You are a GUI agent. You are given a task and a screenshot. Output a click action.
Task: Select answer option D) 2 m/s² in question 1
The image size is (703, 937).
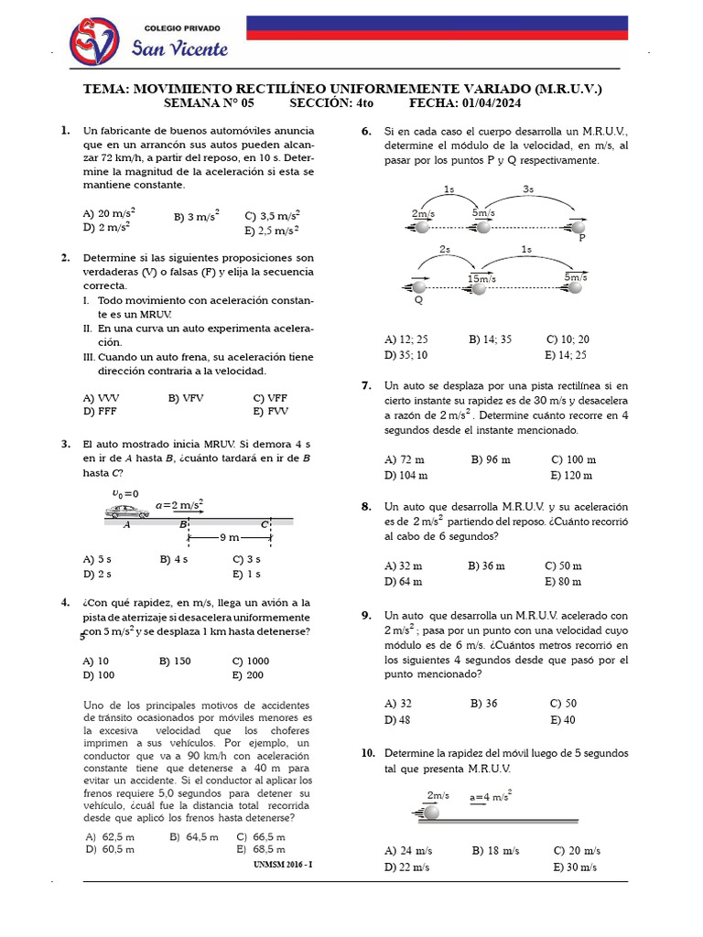(x=106, y=227)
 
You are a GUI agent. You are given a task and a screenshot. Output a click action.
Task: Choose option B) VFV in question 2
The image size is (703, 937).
(x=186, y=398)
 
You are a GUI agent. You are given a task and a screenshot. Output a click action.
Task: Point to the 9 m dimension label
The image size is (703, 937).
(x=229, y=537)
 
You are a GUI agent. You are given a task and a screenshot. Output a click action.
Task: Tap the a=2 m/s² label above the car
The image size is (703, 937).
(x=178, y=503)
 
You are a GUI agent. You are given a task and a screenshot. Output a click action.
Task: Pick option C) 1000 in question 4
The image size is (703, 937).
(x=251, y=661)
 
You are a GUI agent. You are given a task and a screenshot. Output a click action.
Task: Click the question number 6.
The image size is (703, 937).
(x=366, y=131)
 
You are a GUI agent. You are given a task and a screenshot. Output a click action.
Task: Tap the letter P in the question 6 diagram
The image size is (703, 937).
(x=581, y=238)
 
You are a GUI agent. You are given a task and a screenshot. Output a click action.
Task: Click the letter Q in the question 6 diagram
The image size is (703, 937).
(x=418, y=300)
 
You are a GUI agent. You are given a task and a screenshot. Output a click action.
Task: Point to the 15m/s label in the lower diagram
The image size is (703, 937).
(x=481, y=278)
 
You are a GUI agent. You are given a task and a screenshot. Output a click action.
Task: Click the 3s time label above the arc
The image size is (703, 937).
(x=528, y=189)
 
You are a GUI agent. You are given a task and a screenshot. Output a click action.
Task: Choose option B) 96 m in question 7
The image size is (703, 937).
(x=491, y=459)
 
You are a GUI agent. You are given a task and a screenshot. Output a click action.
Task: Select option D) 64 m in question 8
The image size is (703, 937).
(x=403, y=581)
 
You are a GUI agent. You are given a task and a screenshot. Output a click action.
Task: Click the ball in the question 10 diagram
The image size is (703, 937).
(x=431, y=813)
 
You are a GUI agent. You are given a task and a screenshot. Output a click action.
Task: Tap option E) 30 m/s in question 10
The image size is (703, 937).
(x=575, y=867)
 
